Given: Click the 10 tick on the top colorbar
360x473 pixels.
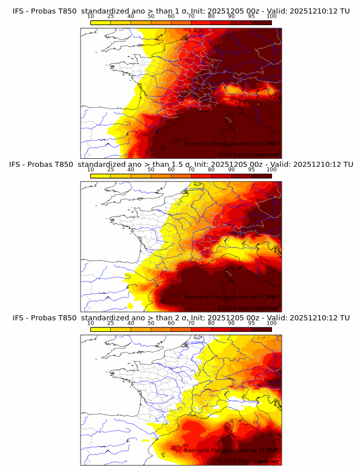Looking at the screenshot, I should (x=91, y=16).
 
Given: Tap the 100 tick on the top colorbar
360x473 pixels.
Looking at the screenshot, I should (x=271, y=16).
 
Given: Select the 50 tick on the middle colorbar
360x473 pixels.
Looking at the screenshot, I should (x=151, y=170).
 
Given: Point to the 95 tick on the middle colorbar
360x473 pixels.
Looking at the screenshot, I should (x=251, y=170).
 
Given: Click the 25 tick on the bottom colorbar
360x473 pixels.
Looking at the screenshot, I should (x=111, y=323).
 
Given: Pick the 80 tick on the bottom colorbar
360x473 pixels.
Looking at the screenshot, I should (x=211, y=323).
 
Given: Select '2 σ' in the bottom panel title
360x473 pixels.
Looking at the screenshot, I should (x=180, y=318).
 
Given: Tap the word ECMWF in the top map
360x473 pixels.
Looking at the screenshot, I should (x=267, y=143).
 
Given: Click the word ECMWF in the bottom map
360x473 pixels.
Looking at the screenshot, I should (x=267, y=451).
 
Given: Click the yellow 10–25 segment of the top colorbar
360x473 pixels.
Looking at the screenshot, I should (x=101, y=22).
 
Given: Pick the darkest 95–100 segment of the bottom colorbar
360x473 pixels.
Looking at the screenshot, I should (x=262, y=329).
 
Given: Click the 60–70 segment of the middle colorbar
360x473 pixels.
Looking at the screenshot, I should (x=181, y=175).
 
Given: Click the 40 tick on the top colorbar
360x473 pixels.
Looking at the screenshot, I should (x=131, y=16).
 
